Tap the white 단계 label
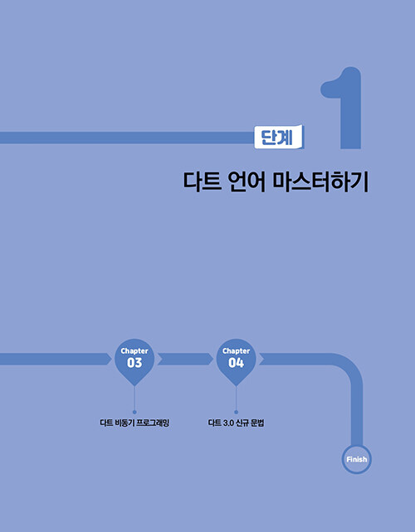pos(279,137)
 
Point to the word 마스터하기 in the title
pos(320,182)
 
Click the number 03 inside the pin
pos(134,363)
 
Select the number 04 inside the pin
pos(236,363)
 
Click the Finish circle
pos(357,459)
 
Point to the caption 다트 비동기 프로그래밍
pos(134,423)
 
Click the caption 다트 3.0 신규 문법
pos(237,423)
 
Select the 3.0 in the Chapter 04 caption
pos(227,423)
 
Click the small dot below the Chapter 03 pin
pos(134,412)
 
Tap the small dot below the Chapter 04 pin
pos(236,412)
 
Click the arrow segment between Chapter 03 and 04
pos(185,359)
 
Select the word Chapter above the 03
pos(134,351)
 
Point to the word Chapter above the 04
pos(236,351)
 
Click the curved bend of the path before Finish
pos(351,366)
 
